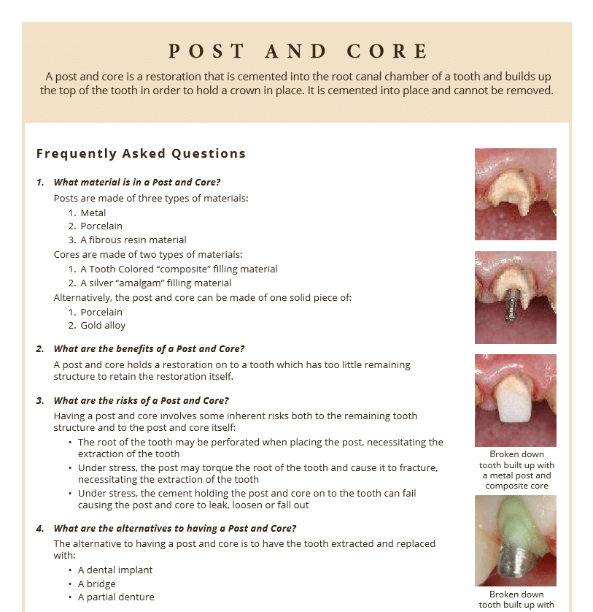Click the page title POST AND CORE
(298, 51)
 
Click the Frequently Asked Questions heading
(141, 154)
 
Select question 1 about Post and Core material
(137, 183)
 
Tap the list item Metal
(93, 213)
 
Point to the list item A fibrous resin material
(133, 240)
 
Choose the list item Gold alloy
(103, 326)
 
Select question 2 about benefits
(149, 349)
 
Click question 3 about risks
(141, 401)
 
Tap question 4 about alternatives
(175, 529)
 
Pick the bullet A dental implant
(115, 570)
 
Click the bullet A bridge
(97, 584)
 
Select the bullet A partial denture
(116, 597)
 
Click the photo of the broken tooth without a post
(515, 194)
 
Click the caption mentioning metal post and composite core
(516, 470)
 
